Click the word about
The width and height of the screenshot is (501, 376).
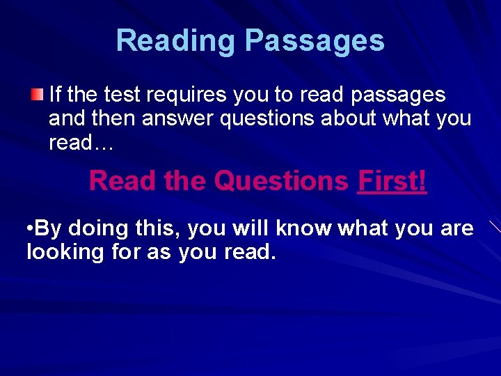(x=356, y=118)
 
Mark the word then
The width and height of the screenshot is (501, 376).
(x=111, y=118)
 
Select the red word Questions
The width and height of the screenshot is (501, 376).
(x=281, y=181)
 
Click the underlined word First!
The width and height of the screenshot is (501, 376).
(x=392, y=181)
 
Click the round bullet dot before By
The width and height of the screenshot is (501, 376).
(x=29, y=228)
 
